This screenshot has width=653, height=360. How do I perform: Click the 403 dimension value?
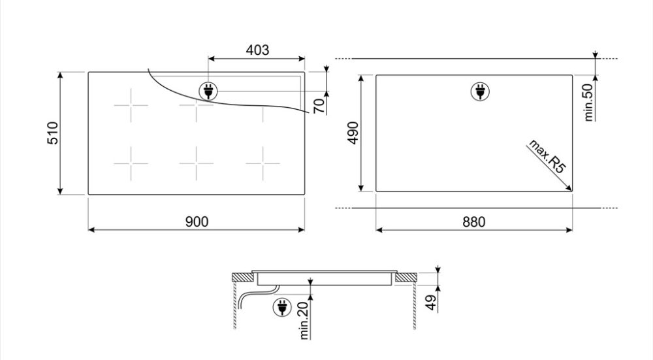tap(257, 50)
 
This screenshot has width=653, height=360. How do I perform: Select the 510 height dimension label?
tap(53, 133)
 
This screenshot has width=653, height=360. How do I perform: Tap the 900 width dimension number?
tap(197, 221)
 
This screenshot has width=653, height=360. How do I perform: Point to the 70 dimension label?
tap(319, 106)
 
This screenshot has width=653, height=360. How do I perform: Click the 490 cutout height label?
tap(353, 133)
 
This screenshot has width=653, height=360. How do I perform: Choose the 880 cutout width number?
tap(474, 221)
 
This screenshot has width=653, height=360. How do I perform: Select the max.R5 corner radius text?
tap(547, 156)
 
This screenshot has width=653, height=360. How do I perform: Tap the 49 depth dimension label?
tap(432, 302)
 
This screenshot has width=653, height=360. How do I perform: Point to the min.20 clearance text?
tap(304, 320)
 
